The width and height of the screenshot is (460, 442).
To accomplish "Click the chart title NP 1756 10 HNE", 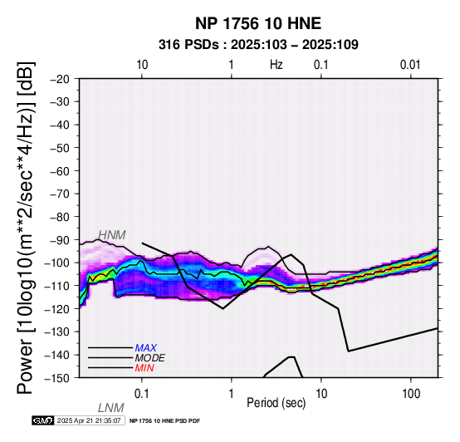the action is [x=258, y=23].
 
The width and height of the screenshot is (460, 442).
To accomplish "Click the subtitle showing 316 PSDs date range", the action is [x=258, y=45].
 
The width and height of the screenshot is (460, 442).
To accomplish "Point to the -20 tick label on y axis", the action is [x=60, y=79].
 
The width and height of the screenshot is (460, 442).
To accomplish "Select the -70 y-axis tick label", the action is [x=60, y=194].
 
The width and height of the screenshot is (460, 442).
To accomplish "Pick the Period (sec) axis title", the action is [x=276, y=403].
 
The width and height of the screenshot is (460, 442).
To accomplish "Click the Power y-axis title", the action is [x=26, y=228].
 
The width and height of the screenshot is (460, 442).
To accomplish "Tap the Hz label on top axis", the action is [x=276, y=65].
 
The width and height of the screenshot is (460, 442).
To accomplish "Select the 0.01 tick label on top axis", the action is [x=410, y=65].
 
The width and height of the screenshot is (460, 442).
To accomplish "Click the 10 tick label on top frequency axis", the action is [x=142, y=65].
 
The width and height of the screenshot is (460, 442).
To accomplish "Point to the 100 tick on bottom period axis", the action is [x=411, y=394].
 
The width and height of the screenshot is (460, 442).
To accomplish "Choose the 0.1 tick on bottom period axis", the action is [x=142, y=394].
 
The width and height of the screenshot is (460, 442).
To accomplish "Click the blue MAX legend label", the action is [x=146, y=348].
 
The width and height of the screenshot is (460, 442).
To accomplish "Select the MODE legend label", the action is [x=150, y=358].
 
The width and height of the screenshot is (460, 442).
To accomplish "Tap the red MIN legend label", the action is [x=144, y=368].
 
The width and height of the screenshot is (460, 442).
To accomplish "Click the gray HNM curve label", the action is [x=112, y=235].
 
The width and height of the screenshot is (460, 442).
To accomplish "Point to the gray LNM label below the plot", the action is [x=111, y=408].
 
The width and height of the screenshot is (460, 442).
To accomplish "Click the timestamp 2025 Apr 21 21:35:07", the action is [x=89, y=421].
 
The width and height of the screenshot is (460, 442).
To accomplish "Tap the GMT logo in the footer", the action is [x=43, y=421].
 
